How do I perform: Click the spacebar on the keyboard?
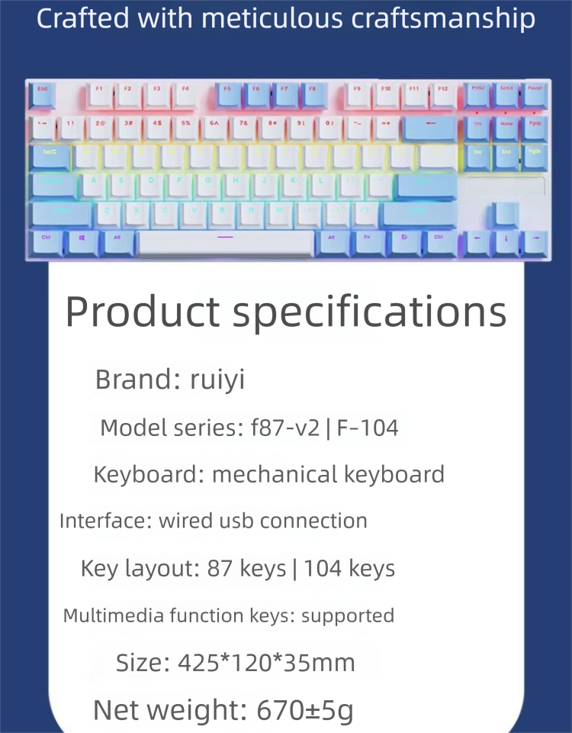226,241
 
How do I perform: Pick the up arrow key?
506,212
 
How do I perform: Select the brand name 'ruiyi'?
217,379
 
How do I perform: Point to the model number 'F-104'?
368,428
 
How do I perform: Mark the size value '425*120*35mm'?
266,662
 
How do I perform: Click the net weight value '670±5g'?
305,710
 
